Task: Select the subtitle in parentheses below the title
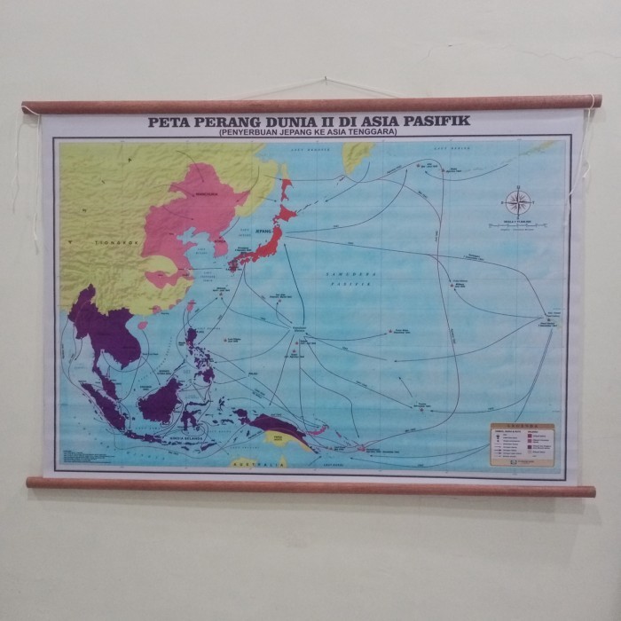[306, 131]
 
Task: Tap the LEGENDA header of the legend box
[521, 428]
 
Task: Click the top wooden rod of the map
[310, 104]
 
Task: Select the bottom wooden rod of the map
[310, 486]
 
